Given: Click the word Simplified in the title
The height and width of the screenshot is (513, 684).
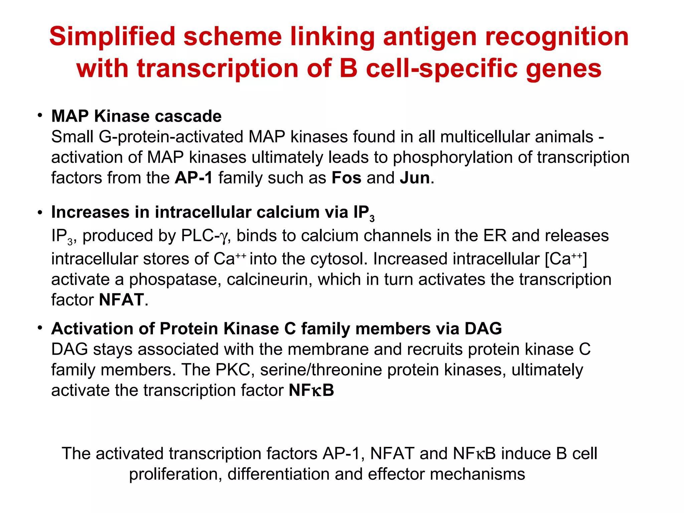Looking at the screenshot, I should click(x=112, y=37).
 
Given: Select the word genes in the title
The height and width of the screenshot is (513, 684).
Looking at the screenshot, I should click(x=564, y=69).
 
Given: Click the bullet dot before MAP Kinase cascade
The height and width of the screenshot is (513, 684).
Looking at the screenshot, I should click(x=40, y=116).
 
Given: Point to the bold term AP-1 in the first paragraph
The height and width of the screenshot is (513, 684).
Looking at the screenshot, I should click(x=193, y=178).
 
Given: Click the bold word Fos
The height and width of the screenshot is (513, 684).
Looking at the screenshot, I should click(x=346, y=178).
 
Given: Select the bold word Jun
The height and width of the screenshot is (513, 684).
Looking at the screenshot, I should click(x=414, y=178).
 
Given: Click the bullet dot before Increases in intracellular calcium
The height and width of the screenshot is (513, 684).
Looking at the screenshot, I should click(x=40, y=212).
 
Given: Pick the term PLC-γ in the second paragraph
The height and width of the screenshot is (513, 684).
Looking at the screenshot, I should click(x=204, y=236).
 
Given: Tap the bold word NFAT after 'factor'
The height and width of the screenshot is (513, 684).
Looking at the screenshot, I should click(x=121, y=300).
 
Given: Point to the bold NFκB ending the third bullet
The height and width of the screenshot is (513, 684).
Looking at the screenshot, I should click(x=311, y=390).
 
